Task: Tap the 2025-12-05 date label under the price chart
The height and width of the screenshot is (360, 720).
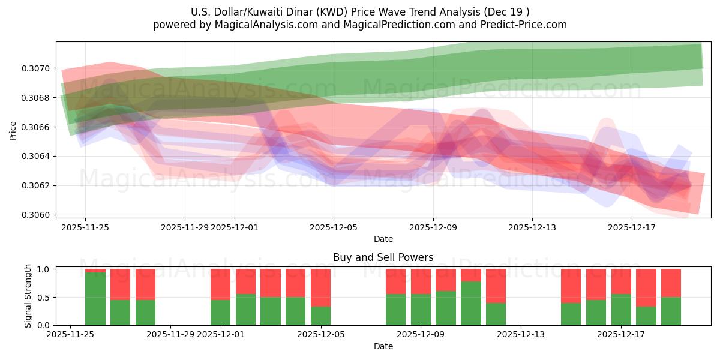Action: [x=334, y=227]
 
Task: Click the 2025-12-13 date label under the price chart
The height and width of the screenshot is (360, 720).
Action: [x=532, y=227]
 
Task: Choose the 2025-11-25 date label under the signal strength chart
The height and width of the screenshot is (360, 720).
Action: [x=71, y=335]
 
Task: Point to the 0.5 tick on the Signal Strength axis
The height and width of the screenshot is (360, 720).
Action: [x=44, y=298]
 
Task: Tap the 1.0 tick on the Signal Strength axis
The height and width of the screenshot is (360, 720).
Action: [x=44, y=269]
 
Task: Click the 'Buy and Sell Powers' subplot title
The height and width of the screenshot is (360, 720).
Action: [x=383, y=258]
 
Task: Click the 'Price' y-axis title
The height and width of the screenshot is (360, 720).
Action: [x=13, y=130]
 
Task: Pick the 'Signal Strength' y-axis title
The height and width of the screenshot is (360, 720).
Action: [x=28, y=296]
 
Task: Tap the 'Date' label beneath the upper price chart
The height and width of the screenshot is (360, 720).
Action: [x=383, y=239]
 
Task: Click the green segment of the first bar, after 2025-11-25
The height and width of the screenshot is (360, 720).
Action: [x=95, y=299]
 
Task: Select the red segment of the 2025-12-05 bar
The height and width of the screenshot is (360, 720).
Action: [x=320, y=287]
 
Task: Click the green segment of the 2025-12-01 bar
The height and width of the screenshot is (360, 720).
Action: [x=220, y=312]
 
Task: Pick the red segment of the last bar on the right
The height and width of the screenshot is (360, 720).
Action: [x=671, y=283]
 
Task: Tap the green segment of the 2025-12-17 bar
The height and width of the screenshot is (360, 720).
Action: [x=621, y=310]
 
